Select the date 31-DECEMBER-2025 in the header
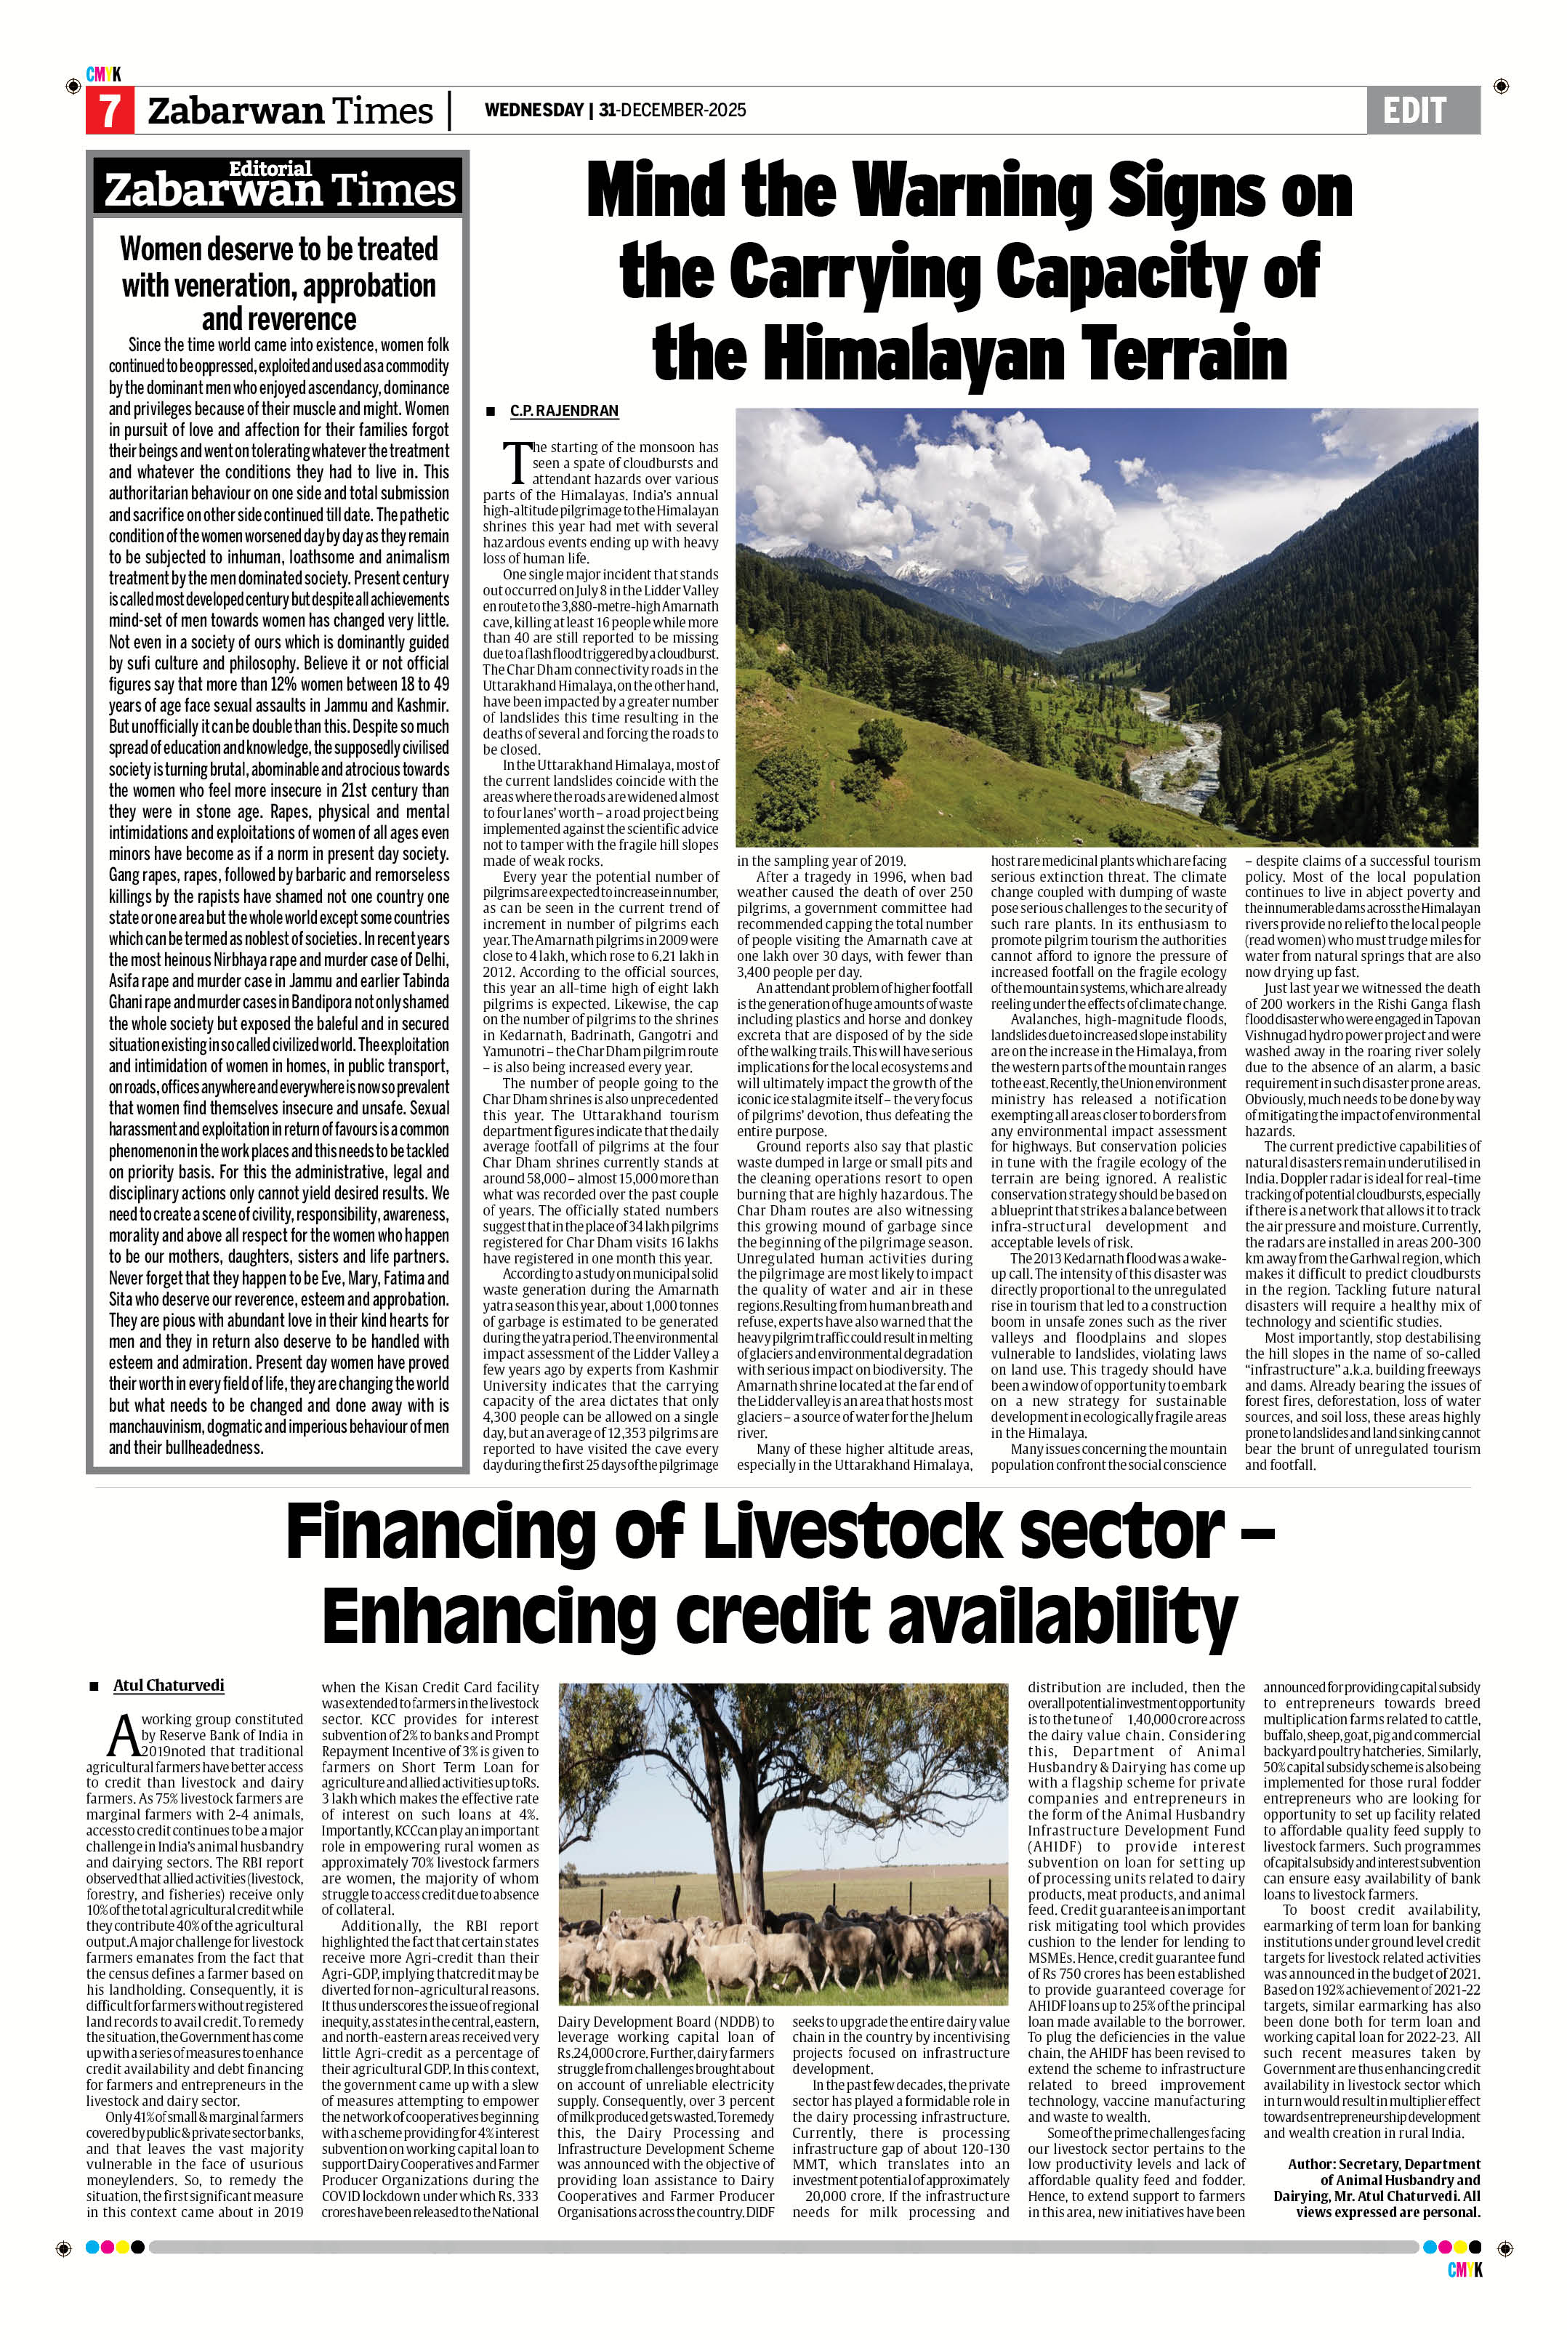coord(672,110)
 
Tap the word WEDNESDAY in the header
coord(533,110)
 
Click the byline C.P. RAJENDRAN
coord(564,411)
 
